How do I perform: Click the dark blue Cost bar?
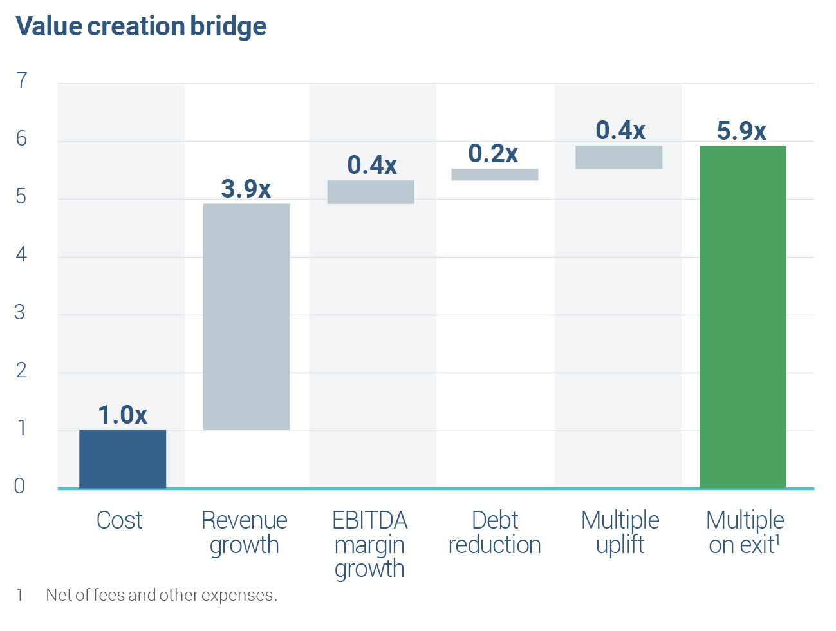[122, 459]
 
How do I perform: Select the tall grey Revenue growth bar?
[246, 317]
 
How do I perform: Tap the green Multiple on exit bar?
[743, 317]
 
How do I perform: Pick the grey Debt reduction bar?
[495, 174]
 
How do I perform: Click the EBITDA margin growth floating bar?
[371, 192]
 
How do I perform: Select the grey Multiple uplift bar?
[618, 157]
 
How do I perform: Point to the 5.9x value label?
[741, 131]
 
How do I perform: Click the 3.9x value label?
[246, 189]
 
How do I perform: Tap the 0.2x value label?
[493, 153]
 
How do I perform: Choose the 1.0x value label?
[122, 415]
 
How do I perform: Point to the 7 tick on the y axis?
[22, 80]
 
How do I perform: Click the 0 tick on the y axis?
[19, 486]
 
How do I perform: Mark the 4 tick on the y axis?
[21, 254]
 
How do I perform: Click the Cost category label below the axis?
[119, 520]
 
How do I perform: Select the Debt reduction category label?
[494, 532]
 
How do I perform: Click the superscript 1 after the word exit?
[777, 540]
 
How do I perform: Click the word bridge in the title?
[228, 26]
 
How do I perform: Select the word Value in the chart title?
[49, 26]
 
